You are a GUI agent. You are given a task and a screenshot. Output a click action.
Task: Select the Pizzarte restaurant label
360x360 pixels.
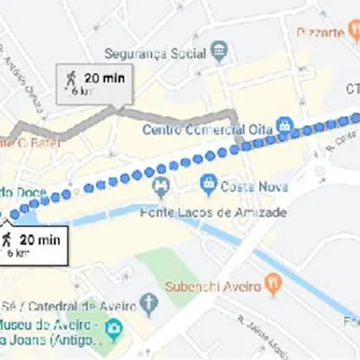click(320, 33)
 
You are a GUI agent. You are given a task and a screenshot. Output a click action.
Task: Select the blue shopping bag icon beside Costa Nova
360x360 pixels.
click(210, 185)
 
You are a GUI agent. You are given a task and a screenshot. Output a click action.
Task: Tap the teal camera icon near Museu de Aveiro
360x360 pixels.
click(115, 329)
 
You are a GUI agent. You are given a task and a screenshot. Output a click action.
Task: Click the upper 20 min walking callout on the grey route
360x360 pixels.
click(94, 83)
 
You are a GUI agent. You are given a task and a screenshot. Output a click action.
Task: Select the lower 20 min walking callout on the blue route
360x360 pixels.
click(30, 243)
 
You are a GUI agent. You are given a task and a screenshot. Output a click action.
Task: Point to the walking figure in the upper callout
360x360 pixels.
click(70, 78)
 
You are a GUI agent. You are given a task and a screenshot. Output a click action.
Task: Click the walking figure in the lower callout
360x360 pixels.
click(7, 238)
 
